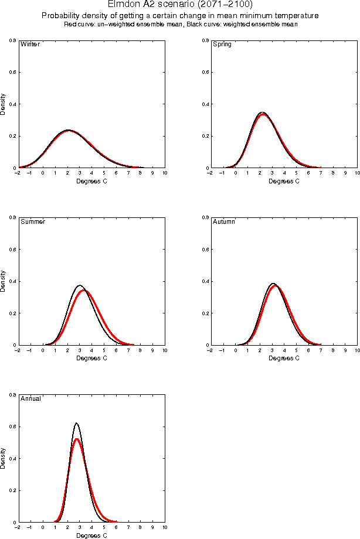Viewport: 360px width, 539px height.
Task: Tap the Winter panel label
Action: (x=30, y=45)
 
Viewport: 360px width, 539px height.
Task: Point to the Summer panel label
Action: (x=33, y=222)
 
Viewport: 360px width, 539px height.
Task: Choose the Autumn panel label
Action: (x=224, y=222)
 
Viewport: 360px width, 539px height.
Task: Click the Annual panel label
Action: (x=31, y=399)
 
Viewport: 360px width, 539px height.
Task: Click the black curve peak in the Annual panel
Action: (x=76, y=423)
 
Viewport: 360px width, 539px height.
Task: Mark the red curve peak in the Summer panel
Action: (x=85, y=290)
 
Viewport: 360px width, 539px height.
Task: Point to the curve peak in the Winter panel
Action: (x=69, y=130)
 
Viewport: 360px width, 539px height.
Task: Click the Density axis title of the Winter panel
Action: (x=4, y=104)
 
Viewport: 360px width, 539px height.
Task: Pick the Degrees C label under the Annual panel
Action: (x=92, y=535)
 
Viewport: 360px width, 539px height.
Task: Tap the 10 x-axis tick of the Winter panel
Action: (x=165, y=173)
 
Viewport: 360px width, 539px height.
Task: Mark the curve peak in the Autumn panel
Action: (x=273, y=284)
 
